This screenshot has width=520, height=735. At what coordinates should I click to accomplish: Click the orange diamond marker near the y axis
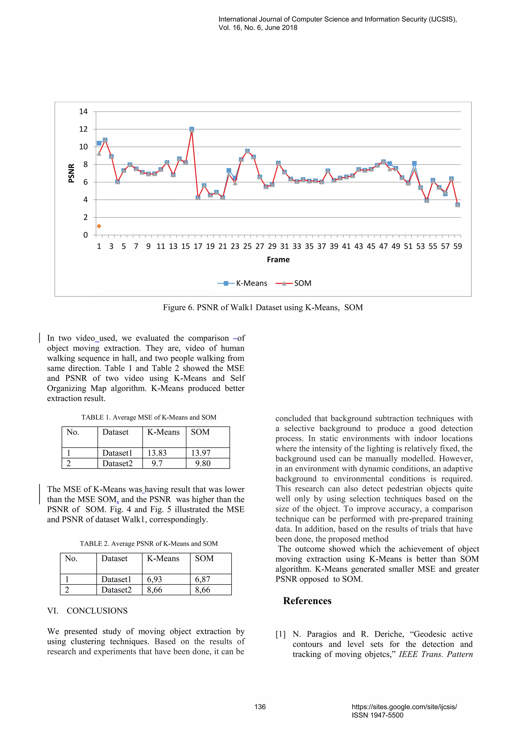tap(99, 226)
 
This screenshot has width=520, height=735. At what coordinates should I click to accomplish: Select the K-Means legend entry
tap(242, 283)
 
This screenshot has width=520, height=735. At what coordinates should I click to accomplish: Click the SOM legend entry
tap(293, 283)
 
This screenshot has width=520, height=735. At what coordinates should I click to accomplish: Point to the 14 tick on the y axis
tap(83, 111)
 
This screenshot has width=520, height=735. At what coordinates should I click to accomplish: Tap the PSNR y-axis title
tap(71, 173)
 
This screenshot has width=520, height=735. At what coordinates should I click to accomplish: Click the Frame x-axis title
tap(278, 260)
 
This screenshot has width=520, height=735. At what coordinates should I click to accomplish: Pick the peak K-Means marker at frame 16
tap(191, 129)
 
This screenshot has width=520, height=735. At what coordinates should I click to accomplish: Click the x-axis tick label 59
tap(458, 246)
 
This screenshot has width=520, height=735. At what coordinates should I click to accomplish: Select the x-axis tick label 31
tap(284, 246)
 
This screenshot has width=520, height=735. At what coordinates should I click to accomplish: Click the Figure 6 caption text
tap(263, 307)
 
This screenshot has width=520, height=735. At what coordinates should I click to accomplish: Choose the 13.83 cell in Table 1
tap(157, 453)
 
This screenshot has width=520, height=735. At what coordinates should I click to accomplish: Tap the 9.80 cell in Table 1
tap(203, 463)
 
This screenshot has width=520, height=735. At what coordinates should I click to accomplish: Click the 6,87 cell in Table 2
tap(203, 579)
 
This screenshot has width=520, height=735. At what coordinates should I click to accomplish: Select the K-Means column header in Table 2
tap(163, 558)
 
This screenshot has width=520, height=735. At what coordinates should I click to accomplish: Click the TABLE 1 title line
tap(149, 417)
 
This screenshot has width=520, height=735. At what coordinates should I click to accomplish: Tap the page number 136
tap(260, 707)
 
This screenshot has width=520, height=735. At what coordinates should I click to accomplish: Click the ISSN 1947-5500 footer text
tap(378, 715)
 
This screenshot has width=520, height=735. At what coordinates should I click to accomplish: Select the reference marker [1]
tap(281, 634)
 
